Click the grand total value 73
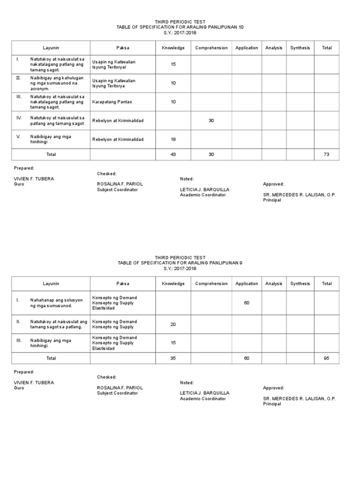(327, 155)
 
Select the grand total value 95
(327, 358)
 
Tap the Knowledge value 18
(173, 139)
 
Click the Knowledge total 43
(173, 155)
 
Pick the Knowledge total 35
(173, 358)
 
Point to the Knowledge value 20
(173, 324)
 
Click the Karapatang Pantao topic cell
(111, 102)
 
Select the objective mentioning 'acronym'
(57, 83)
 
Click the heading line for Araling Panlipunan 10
(180, 27)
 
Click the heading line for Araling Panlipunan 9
(180, 263)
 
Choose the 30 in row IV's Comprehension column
(211, 120)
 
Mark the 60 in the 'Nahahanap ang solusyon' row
(247, 303)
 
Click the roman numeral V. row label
(19, 136)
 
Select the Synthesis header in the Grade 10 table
(300, 48)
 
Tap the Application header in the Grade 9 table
(247, 284)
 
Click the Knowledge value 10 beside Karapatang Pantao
(173, 102)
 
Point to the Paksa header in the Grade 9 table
(123, 284)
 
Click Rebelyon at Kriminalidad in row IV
(118, 120)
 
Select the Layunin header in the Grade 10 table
(51, 48)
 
